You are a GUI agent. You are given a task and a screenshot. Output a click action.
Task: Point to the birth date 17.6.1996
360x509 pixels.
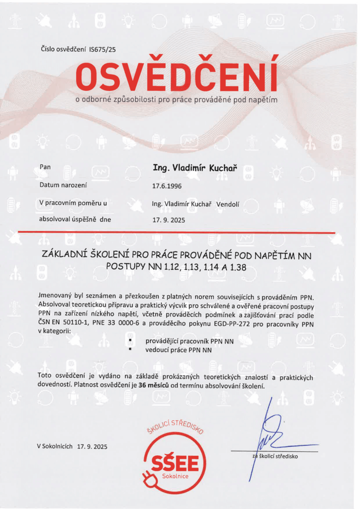point(167,187)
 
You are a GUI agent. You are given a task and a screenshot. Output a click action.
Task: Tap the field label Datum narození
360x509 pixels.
point(63,185)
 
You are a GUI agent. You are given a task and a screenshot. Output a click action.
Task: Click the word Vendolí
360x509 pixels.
point(228,203)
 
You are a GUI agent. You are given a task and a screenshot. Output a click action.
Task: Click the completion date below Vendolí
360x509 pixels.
point(168,220)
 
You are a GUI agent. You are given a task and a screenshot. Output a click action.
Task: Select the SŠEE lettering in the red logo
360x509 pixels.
point(174,463)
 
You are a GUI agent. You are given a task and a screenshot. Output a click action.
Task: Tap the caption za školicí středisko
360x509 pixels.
point(275,455)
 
